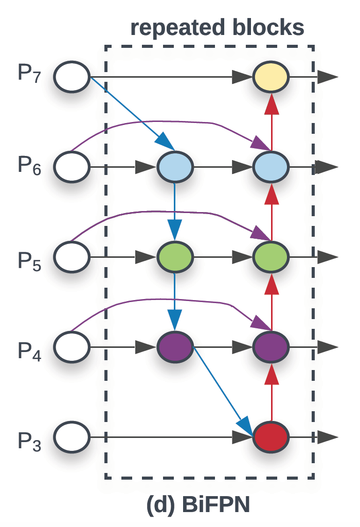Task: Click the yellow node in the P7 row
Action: point(271,77)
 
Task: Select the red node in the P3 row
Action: point(271,437)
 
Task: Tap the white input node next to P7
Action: point(73,77)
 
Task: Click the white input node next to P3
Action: point(73,437)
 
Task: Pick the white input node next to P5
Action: point(73,256)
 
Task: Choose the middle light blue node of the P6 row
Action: point(175,167)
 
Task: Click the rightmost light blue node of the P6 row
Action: point(271,167)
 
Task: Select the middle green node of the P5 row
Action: point(175,256)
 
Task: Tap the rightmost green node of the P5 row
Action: point(271,256)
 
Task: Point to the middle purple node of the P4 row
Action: point(175,346)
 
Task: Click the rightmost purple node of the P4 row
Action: point(271,346)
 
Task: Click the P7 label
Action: point(30,75)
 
